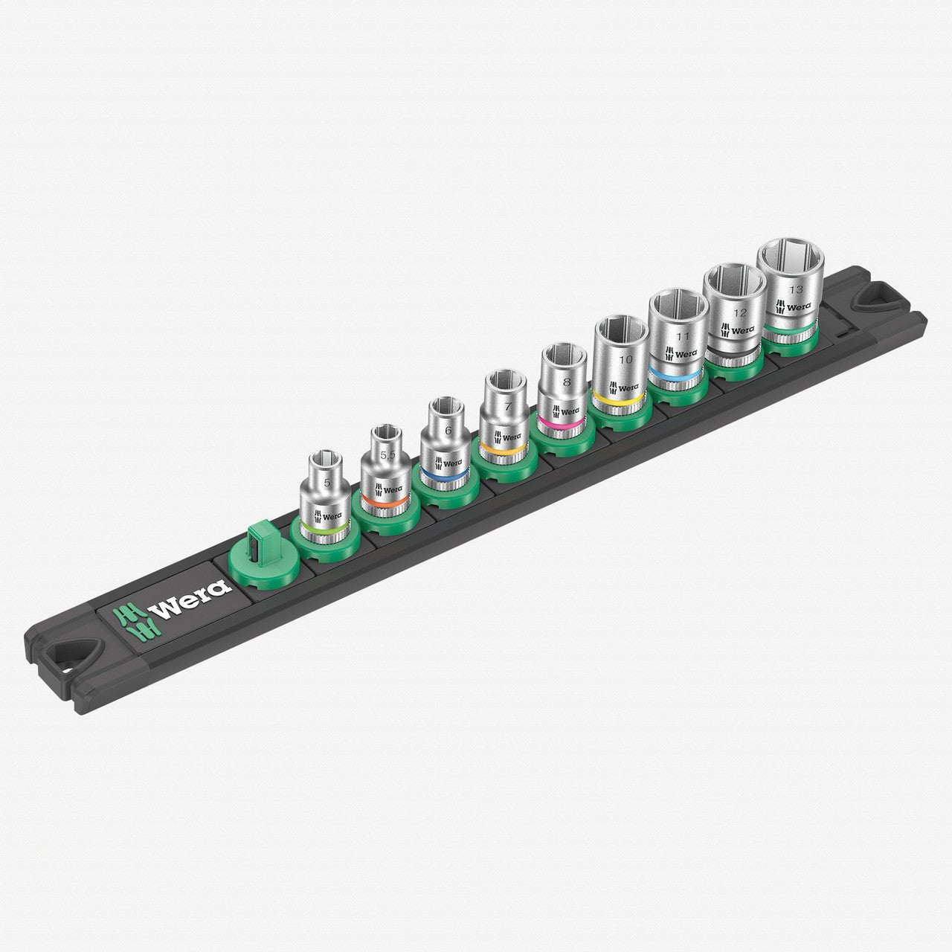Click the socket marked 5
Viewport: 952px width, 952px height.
[x=324, y=498]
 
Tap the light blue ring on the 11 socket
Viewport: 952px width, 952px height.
[x=675, y=373]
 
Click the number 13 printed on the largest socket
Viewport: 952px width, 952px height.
[x=796, y=290]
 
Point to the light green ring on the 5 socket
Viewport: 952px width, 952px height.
[x=324, y=530]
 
